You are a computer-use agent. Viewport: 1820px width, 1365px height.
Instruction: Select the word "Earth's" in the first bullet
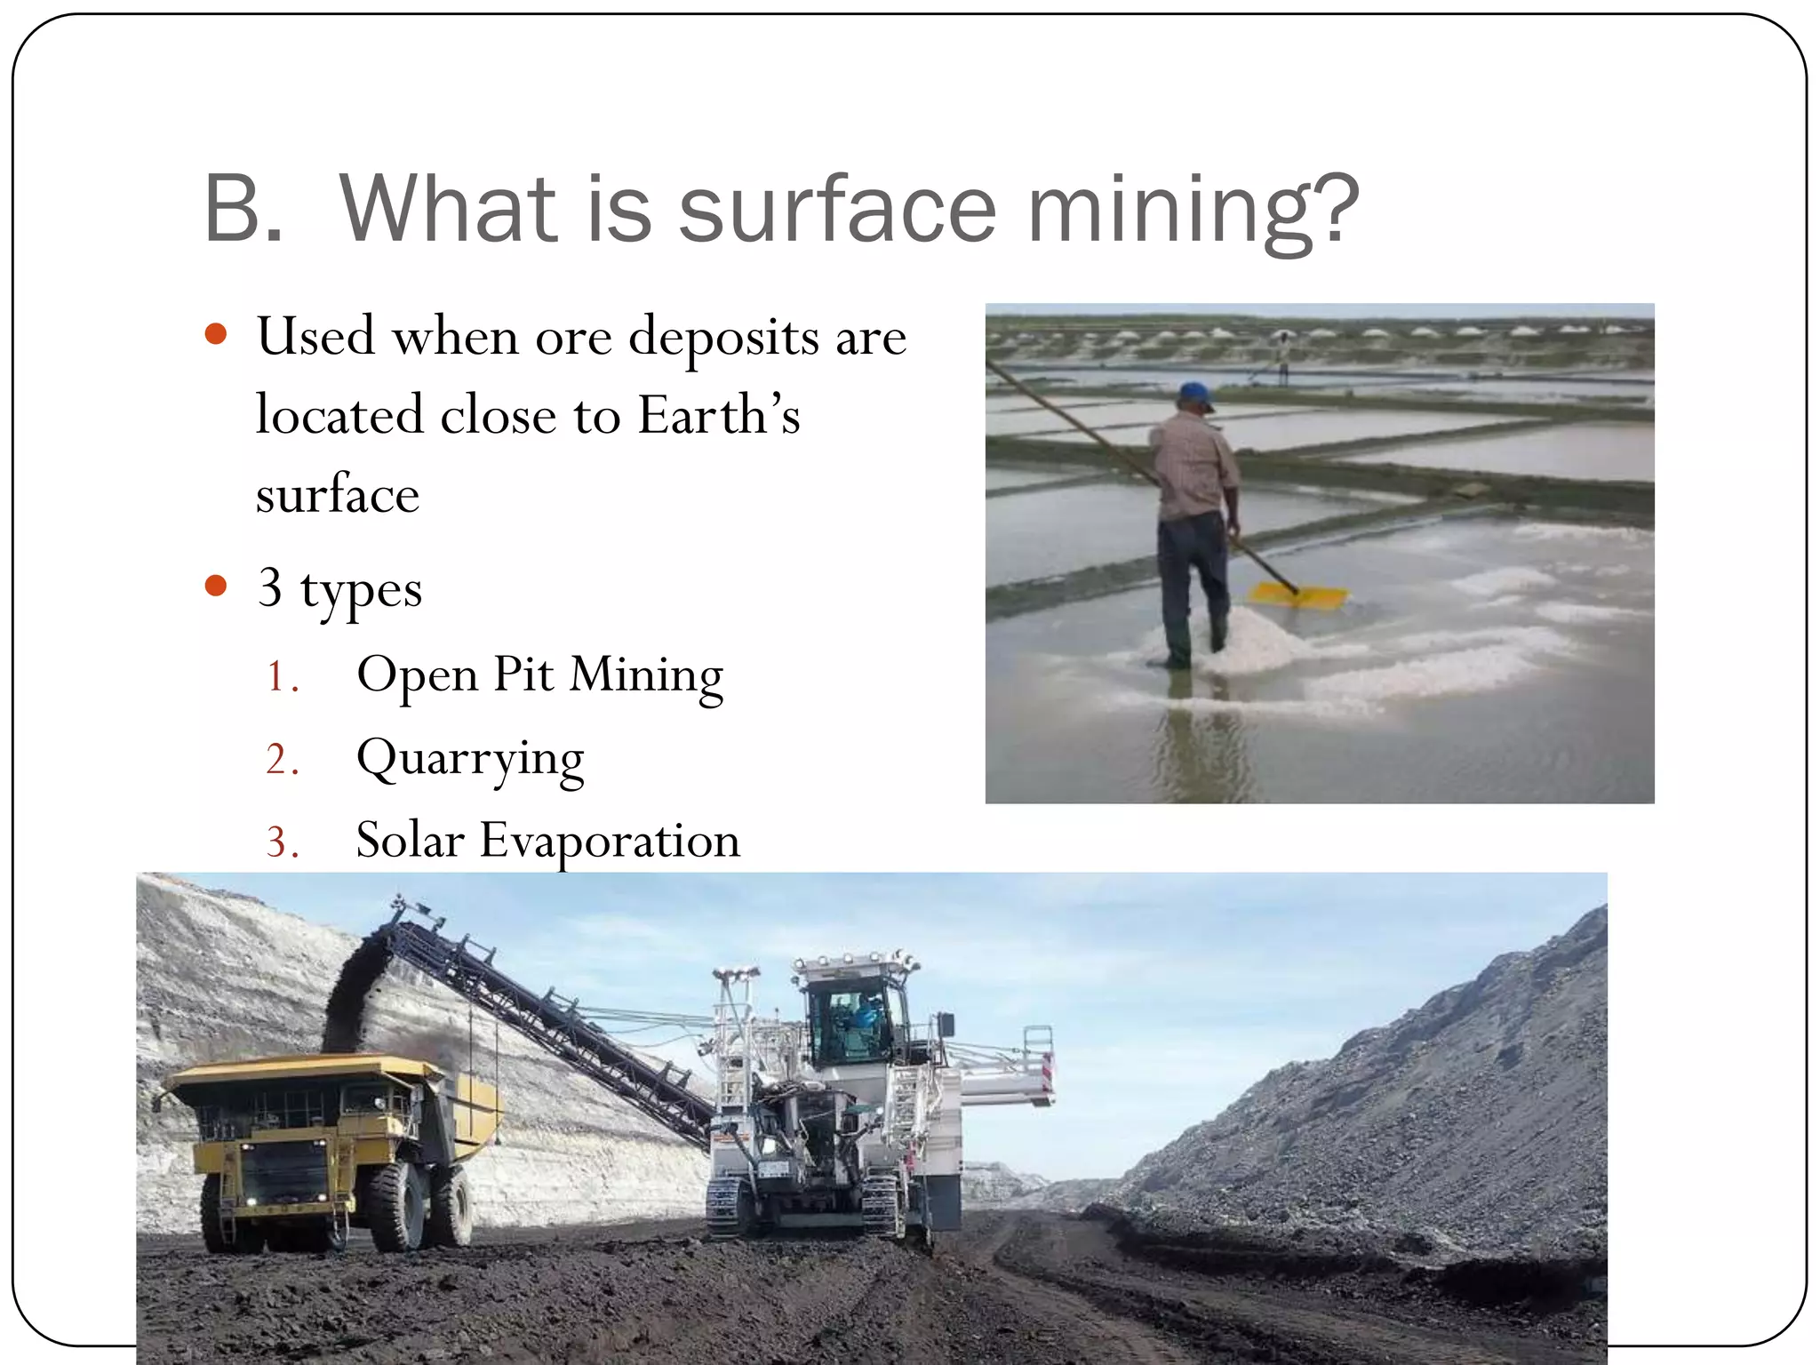click(719, 415)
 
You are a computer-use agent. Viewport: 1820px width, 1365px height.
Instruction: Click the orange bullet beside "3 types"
click(216, 586)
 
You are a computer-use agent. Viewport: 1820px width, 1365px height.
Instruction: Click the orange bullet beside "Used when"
click(216, 334)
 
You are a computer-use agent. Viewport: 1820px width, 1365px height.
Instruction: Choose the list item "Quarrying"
click(470, 760)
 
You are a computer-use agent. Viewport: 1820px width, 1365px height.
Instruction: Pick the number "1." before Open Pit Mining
click(282, 677)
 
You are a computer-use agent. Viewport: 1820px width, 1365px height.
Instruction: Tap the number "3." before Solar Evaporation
click(282, 842)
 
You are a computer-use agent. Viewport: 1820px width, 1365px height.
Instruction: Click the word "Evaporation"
click(610, 841)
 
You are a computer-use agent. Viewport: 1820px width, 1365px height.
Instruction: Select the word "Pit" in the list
click(523, 675)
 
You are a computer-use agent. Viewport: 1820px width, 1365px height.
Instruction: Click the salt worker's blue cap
click(1196, 394)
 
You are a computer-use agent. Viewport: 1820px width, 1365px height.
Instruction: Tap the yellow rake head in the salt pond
click(1298, 595)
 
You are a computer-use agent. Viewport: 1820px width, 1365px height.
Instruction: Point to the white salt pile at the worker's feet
click(1253, 640)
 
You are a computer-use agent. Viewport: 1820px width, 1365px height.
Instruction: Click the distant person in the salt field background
click(1282, 355)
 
